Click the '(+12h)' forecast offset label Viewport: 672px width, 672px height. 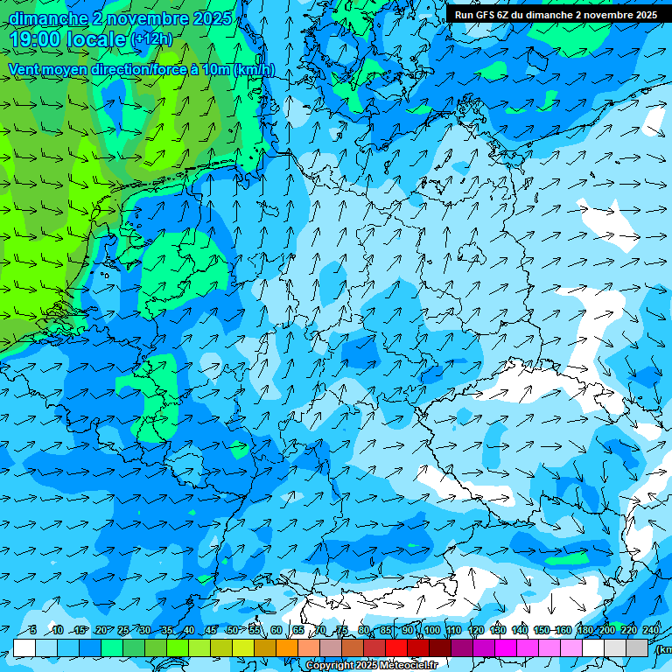pyautogui.click(x=151, y=39)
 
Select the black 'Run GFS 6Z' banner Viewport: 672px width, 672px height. pyautogui.click(x=555, y=15)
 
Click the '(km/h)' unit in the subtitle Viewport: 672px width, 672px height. pyautogui.click(x=253, y=70)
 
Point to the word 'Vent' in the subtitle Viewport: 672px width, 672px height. pyautogui.click(x=26, y=70)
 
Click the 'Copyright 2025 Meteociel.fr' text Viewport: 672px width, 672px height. pyautogui.click(x=372, y=666)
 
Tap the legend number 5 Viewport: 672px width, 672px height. pyautogui.click(x=33, y=631)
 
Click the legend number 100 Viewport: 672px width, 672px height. pyautogui.click(x=431, y=631)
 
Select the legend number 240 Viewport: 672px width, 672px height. pyautogui.click(x=650, y=631)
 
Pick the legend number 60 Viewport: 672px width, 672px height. pyautogui.click(x=276, y=631)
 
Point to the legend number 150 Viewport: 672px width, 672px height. pyautogui.click(x=541, y=631)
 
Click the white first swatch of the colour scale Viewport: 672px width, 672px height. pyautogui.click(x=24, y=647)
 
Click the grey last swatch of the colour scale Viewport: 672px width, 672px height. pyautogui.click(x=637, y=647)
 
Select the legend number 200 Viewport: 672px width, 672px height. pyautogui.click(x=606, y=631)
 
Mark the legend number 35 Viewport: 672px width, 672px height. pyautogui.click(x=166, y=631)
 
